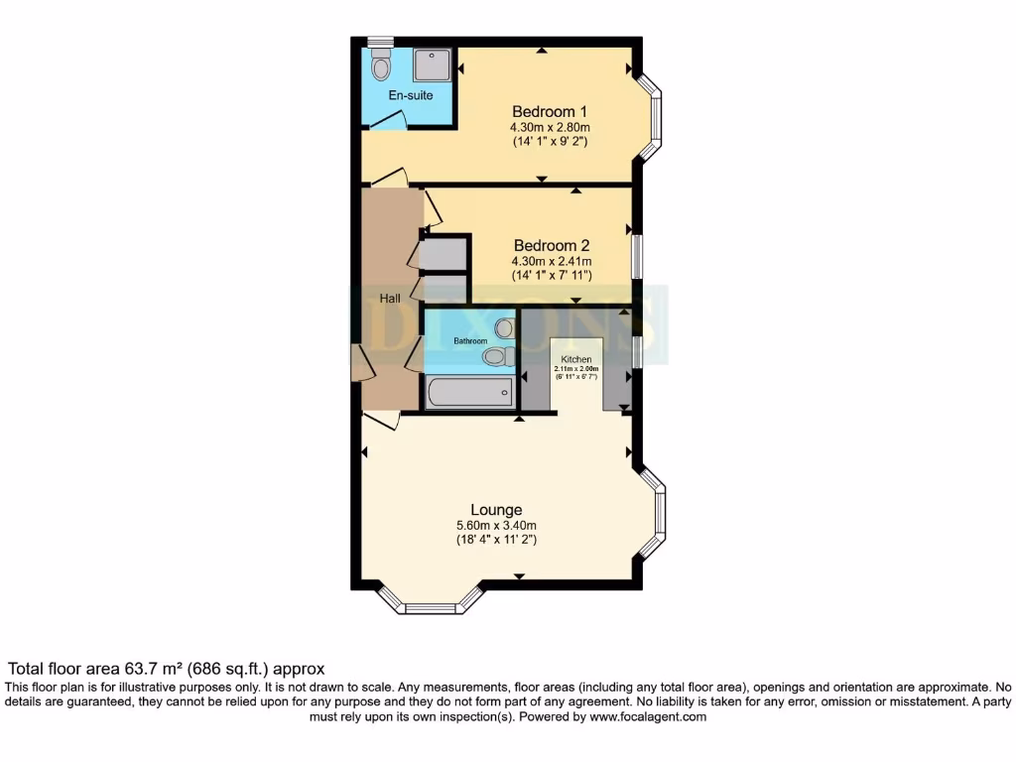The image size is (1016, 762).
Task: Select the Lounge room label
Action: tap(496, 510)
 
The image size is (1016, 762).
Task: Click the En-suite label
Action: tap(410, 96)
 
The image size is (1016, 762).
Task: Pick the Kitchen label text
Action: tap(576, 359)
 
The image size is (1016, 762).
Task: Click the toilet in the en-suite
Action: tap(380, 67)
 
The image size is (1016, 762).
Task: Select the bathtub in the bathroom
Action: tap(469, 392)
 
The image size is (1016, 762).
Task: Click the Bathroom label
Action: tap(470, 341)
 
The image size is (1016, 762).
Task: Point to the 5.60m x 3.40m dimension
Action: tap(496, 526)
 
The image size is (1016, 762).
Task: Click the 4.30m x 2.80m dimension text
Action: tap(550, 127)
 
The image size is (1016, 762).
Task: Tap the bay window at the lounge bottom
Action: tap(431, 603)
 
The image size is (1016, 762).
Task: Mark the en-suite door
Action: tap(387, 121)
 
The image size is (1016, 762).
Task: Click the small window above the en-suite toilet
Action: tap(380, 42)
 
